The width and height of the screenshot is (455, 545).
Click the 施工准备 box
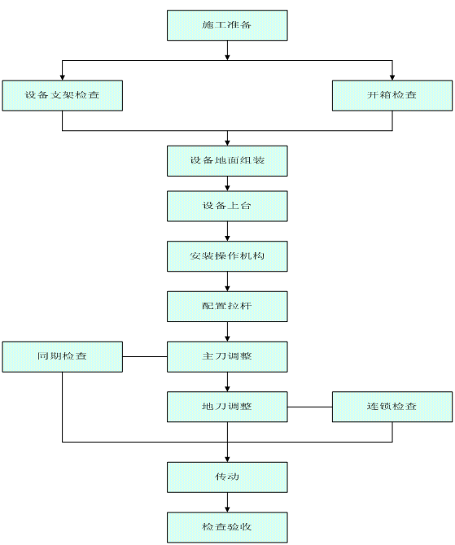[x=227, y=25]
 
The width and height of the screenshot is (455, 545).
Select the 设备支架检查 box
[x=62, y=96]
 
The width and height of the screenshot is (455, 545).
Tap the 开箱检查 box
[x=392, y=96]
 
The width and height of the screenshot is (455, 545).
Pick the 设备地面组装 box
[x=227, y=161]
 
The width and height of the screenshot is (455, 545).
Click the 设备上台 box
[x=227, y=206]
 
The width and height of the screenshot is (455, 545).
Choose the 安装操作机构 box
[x=227, y=256]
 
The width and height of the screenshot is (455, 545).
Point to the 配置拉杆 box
[x=227, y=307]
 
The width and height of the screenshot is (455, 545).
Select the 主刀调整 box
[x=227, y=356]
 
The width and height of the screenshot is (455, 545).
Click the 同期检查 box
[x=62, y=356]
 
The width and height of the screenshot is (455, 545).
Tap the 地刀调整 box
[x=227, y=407]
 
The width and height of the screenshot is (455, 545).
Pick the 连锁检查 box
[x=392, y=407]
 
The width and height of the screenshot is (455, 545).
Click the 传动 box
[x=227, y=477]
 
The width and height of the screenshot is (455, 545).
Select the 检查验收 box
[x=227, y=527]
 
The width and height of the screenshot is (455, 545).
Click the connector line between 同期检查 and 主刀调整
[x=145, y=356]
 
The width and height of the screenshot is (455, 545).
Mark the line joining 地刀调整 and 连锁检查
[x=310, y=407]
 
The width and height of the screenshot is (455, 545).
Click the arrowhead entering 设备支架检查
[x=62, y=77]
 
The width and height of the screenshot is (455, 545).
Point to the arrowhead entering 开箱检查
[x=392, y=77]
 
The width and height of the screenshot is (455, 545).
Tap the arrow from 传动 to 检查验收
[x=227, y=502]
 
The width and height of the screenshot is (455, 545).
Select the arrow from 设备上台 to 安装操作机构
[x=227, y=231]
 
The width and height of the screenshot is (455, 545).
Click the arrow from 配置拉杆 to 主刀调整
[x=227, y=332]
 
